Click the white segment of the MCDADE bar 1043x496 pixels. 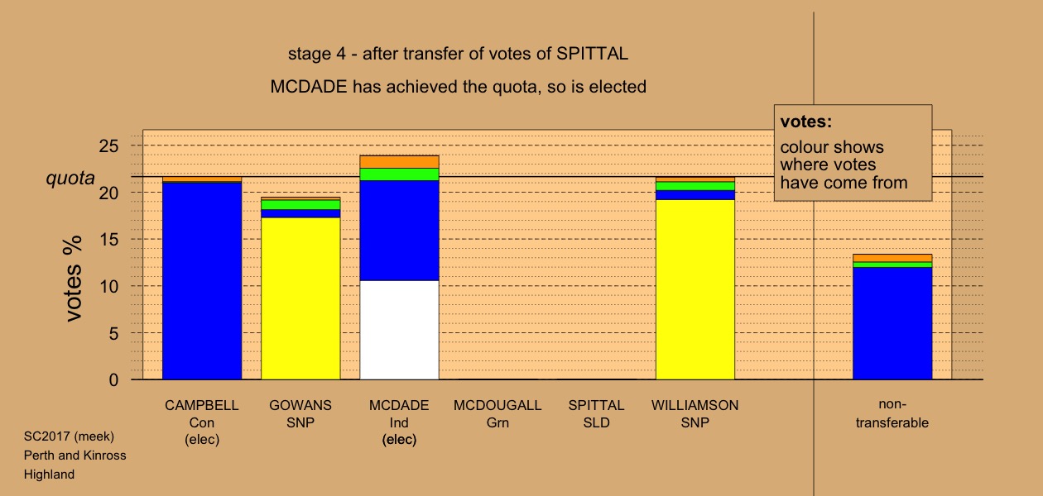click(399, 330)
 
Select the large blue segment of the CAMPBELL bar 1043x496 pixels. click(202, 281)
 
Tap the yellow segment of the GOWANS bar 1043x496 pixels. click(300, 298)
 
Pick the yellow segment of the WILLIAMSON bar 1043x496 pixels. click(695, 289)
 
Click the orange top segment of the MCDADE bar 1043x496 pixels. click(399, 162)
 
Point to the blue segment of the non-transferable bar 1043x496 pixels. click(892, 323)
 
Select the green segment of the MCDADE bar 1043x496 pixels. click(399, 174)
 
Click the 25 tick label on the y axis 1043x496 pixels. click(108, 146)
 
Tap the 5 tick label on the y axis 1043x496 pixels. click(113, 333)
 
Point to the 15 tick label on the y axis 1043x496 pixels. click(108, 240)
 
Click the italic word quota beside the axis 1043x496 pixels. click(70, 178)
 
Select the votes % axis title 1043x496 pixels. click(73, 279)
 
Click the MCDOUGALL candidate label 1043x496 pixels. click(497, 405)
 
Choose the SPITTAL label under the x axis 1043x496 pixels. click(596, 405)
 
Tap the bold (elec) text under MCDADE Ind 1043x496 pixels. click(399, 440)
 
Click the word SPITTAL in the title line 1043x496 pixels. click(593, 54)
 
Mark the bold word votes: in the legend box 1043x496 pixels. click(806, 122)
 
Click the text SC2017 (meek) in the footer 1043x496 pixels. click(69, 436)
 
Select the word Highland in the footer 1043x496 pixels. click(49, 475)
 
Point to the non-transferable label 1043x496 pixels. click(892, 413)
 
